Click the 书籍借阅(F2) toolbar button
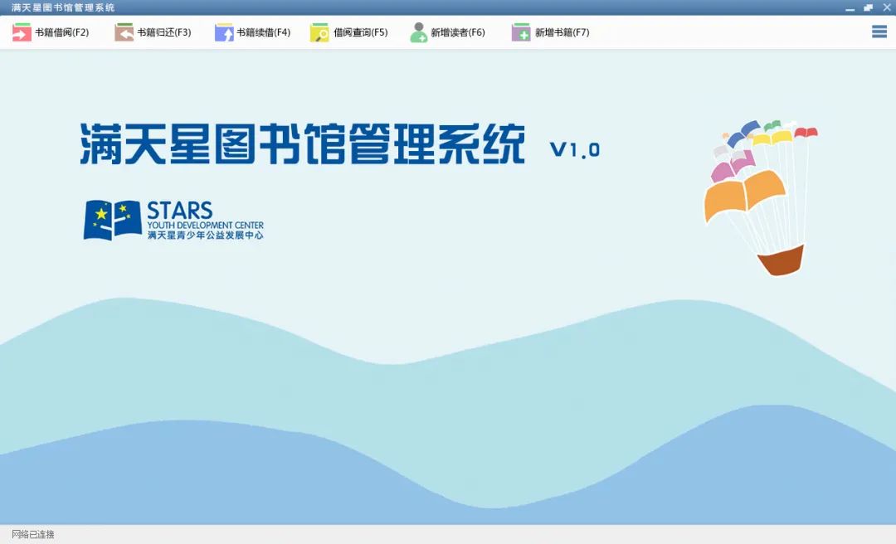click(51, 32)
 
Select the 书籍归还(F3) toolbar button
click(153, 32)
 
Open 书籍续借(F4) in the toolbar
click(252, 32)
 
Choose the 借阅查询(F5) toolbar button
click(349, 32)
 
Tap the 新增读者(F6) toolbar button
click(447, 32)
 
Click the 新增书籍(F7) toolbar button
click(550, 32)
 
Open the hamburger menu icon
click(879, 32)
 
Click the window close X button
click(887, 7)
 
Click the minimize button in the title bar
click(850, 9)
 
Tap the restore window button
click(869, 7)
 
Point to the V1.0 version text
click(575, 150)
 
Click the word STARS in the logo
click(180, 211)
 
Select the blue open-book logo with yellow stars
click(112, 220)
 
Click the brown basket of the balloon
click(781, 260)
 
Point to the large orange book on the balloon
click(744, 194)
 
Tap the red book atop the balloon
click(806, 133)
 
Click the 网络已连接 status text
click(33, 534)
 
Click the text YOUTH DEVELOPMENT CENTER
click(206, 225)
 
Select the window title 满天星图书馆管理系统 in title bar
click(63, 7)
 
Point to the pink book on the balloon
click(733, 166)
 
